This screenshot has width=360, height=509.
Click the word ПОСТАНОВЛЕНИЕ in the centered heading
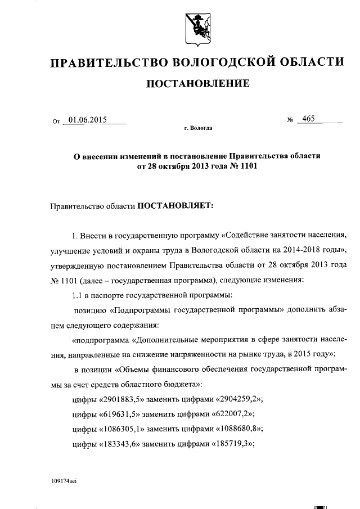[x=197, y=84]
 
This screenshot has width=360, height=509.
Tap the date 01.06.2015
[x=88, y=120]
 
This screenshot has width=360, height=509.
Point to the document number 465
[x=308, y=119]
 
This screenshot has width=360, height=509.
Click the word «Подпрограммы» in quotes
[x=143, y=310]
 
